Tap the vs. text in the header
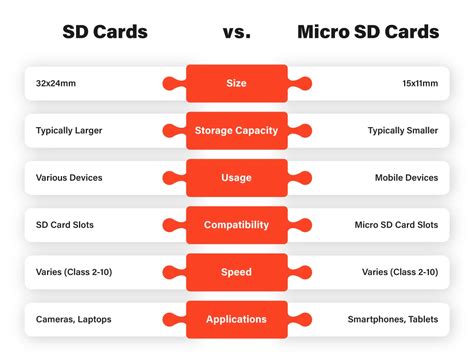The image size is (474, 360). click(237, 32)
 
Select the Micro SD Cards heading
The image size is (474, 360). click(368, 32)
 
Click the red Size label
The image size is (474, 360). click(237, 84)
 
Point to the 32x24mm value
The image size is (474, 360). click(57, 84)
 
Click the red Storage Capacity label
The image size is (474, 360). click(237, 131)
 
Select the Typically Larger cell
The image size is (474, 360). click(71, 131)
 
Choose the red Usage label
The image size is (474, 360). click(237, 178)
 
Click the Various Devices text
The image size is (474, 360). click(69, 178)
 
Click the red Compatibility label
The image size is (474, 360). click(237, 225)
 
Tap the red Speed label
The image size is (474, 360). click(237, 272)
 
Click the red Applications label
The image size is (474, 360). click(237, 319)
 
